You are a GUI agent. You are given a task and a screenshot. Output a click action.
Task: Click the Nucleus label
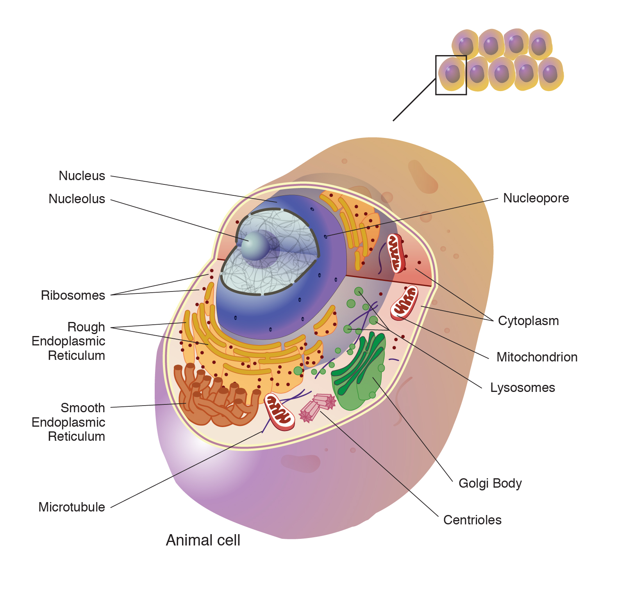tap(82, 176)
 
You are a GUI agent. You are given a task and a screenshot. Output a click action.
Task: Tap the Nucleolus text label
tap(77, 199)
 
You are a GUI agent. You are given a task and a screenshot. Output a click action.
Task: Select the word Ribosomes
tap(73, 295)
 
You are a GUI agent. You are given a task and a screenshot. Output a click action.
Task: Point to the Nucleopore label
tap(536, 198)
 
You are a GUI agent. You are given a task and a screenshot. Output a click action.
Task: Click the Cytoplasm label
tap(528, 321)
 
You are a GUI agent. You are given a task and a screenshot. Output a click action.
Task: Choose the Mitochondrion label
tap(537, 357)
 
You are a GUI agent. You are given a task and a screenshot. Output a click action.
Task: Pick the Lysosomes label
tap(522, 388)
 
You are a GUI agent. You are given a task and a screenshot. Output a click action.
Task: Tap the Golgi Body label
tap(490, 483)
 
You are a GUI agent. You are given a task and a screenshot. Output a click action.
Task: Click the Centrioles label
tap(472, 520)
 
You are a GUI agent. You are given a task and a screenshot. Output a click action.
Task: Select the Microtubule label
tap(71, 507)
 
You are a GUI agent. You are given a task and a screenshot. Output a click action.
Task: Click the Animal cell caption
tap(203, 540)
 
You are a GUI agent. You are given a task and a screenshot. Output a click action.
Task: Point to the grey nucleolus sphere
tap(255, 246)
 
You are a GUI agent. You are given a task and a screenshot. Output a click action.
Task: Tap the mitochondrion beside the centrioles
tap(279, 412)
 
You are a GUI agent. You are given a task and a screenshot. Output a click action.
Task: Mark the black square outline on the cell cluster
tap(451, 75)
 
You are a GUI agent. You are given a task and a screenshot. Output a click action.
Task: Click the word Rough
tap(86, 327)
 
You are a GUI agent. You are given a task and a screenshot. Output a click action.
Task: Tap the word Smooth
tap(83, 408)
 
